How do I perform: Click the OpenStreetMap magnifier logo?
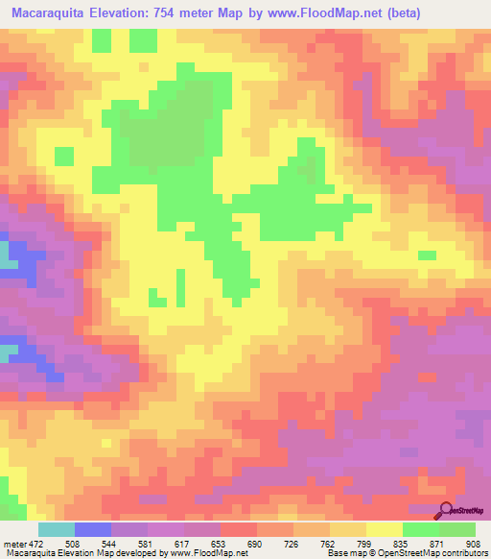(446, 509)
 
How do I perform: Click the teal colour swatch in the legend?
(56, 528)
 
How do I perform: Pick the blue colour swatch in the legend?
(92, 528)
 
